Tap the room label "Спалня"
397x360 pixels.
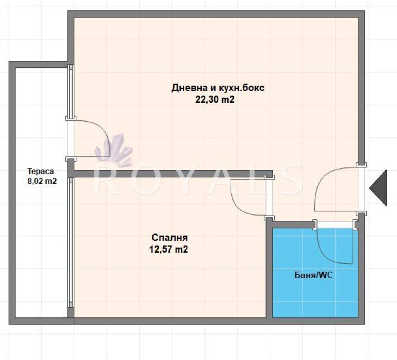coord(170,238)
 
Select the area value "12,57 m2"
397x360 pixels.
coord(169,249)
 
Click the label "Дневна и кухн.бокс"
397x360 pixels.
coord(218,88)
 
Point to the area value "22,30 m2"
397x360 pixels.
coord(215,99)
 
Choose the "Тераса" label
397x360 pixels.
coord(41,171)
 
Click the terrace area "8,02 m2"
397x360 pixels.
coord(42,181)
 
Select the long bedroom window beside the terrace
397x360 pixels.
coord(71,233)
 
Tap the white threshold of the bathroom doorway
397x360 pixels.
coord(335,225)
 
